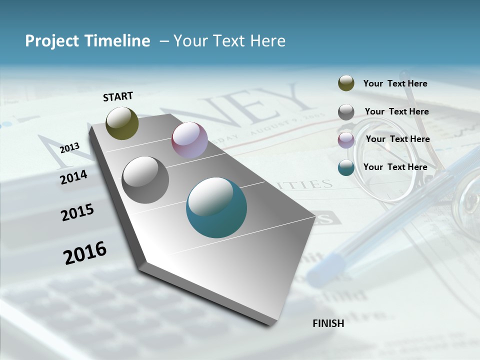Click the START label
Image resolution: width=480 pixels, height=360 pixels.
click(x=118, y=96)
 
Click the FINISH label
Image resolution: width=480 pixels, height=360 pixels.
click(x=328, y=323)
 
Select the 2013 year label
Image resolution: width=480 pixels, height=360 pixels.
click(x=69, y=148)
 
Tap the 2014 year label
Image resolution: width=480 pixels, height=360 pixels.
click(x=73, y=177)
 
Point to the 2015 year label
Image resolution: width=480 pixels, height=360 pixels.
click(x=77, y=212)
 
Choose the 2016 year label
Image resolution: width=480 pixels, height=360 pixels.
click(x=85, y=252)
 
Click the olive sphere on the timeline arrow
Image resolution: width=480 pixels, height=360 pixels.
click(x=122, y=123)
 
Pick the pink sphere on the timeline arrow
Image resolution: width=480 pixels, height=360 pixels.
click(x=189, y=140)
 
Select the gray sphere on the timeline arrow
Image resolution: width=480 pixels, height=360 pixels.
click(x=145, y=179)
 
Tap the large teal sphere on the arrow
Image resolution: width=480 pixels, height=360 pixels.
click(x=216, y=207)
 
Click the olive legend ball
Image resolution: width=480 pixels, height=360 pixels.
click(x=346, y=83)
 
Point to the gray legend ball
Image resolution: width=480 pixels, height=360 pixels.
click(x=346, y=112)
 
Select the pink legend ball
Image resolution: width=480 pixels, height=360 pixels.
click(x=346, y=139)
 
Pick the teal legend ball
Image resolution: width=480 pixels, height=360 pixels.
click(x=346, y=167)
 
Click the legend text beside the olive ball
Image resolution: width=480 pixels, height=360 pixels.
click(x=395, y=83)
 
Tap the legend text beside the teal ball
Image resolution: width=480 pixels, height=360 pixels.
click(x=395, y=167)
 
